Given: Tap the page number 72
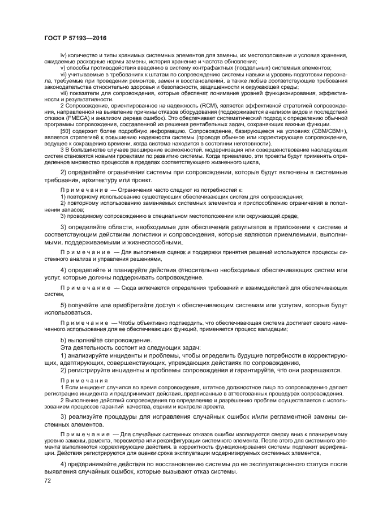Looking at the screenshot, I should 48,480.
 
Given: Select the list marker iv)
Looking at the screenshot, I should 63,55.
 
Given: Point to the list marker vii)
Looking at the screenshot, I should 64,93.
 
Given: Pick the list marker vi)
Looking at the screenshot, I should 63,74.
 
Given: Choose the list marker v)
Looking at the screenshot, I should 62,67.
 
